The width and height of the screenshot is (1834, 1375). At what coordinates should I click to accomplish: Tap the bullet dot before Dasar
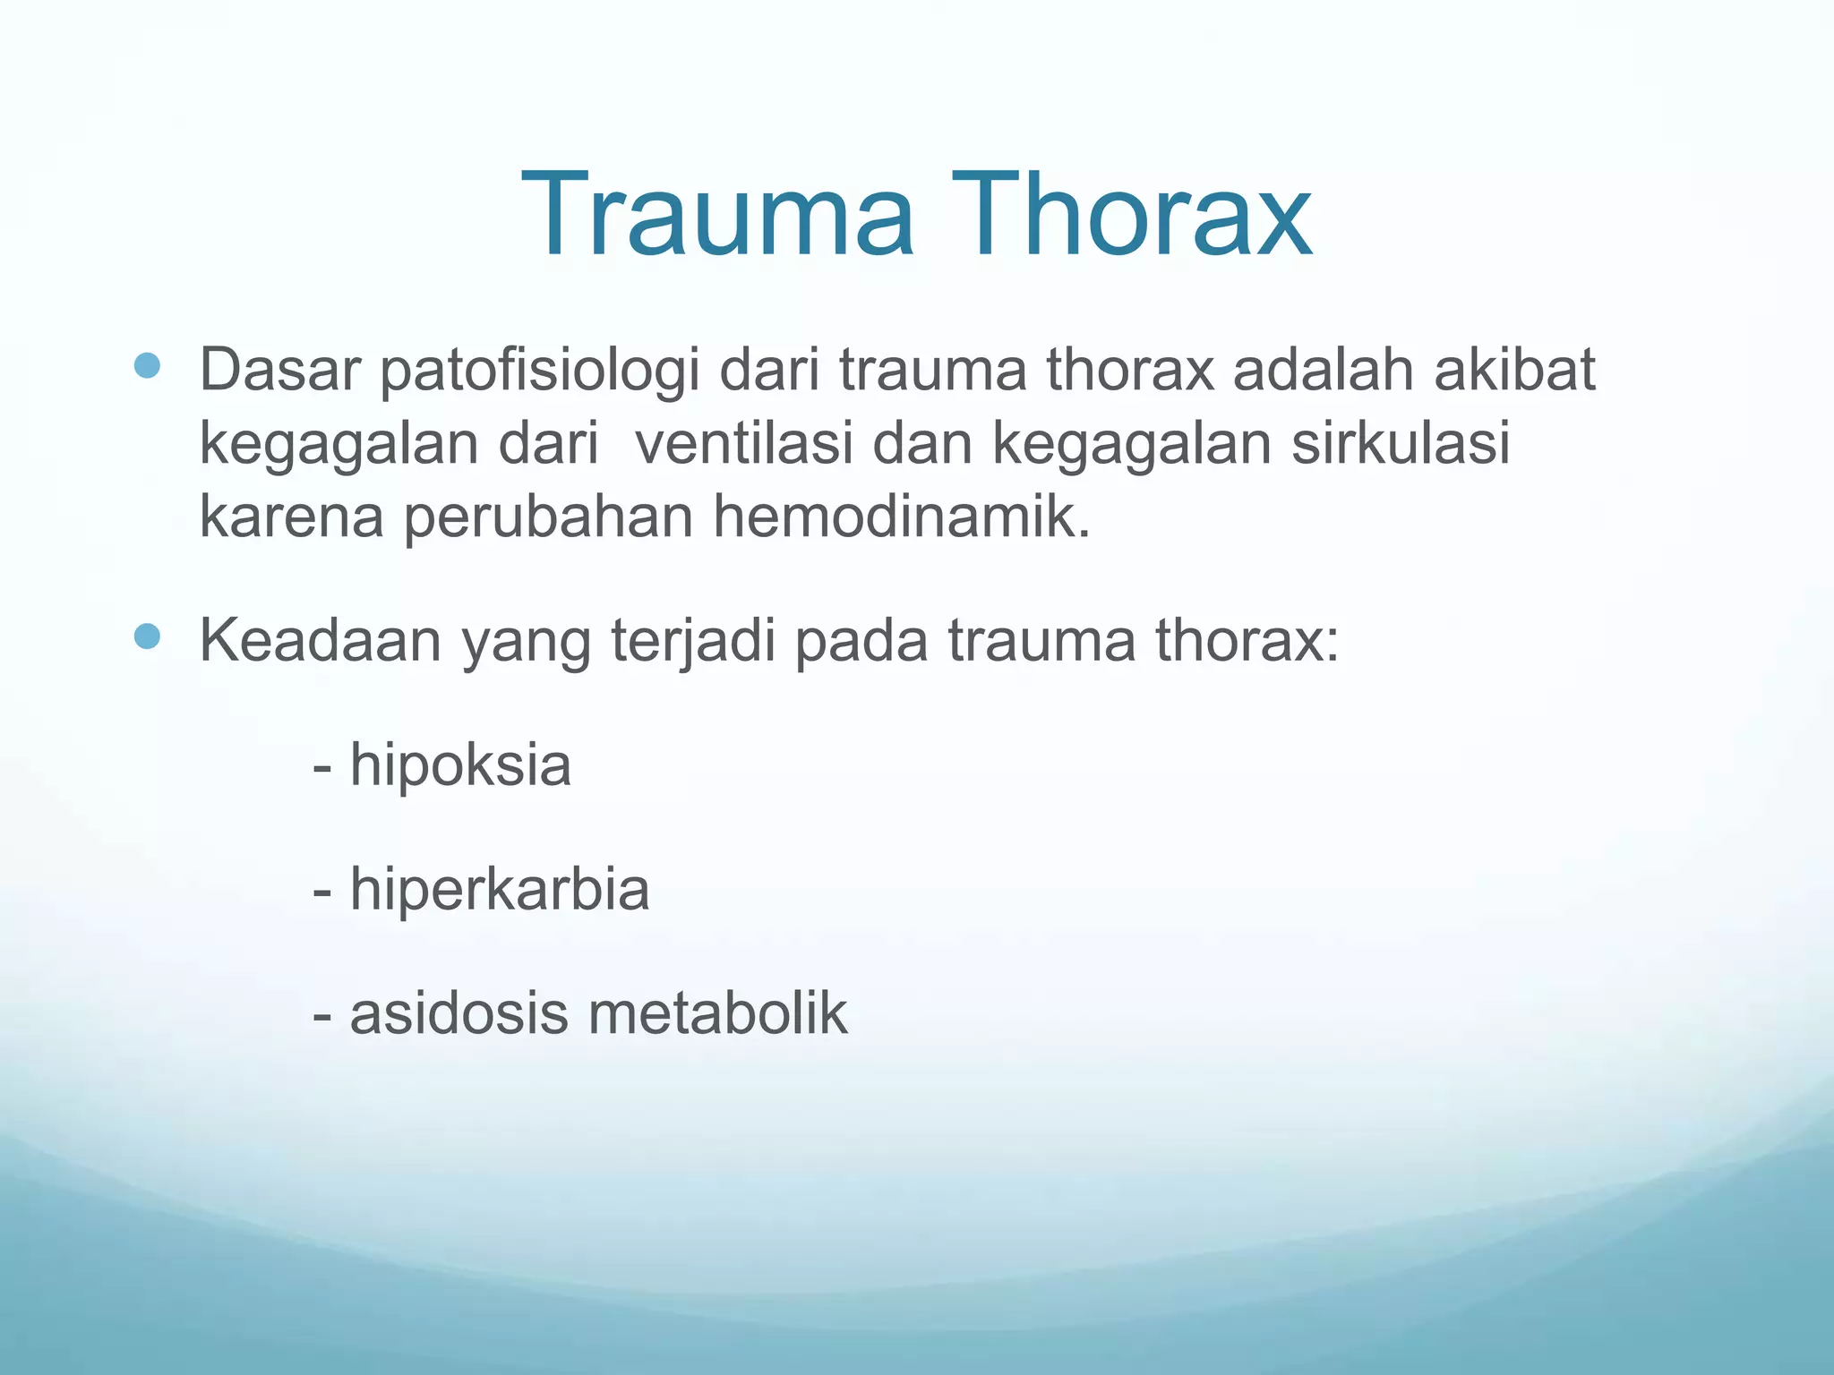147,365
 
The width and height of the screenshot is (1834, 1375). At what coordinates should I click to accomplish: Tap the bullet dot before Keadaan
147,636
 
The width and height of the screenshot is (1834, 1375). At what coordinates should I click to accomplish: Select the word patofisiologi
539,371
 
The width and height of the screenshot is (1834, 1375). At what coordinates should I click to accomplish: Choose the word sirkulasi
1400,443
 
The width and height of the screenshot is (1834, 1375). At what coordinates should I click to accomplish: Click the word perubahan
548,519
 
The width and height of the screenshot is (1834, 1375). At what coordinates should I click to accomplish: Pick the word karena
291,519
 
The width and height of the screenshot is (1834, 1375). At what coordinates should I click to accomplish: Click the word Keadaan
320,641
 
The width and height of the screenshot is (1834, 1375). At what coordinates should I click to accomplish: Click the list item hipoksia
459,766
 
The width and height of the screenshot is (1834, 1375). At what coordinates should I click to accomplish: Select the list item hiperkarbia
499,890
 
